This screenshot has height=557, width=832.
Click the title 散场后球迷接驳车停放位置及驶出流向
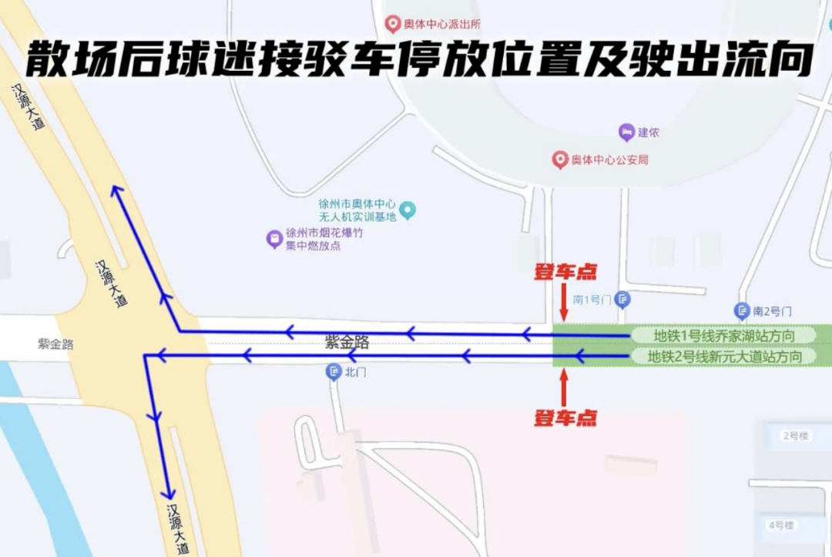coord(420,59)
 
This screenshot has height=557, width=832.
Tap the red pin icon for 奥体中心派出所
coord(393,25)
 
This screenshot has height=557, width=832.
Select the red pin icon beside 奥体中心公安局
coord(560,159)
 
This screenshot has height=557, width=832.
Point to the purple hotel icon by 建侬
coord(626,132)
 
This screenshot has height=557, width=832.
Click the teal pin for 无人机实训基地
coord(408,210)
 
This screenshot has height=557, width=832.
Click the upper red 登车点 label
coord(566,272)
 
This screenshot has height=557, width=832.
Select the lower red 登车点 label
coord(566,418)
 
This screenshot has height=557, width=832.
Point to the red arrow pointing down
coord(564,302)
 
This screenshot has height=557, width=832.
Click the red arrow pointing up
coord(564,388)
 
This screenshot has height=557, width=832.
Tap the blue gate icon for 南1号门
coord(623,298)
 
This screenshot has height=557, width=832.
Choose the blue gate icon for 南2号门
coord(742,310)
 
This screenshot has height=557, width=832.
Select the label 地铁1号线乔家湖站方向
coord(723,335)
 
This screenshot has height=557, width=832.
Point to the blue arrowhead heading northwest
coord(117,192)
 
